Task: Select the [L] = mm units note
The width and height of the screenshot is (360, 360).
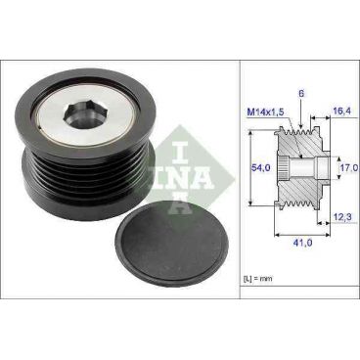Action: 256,280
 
